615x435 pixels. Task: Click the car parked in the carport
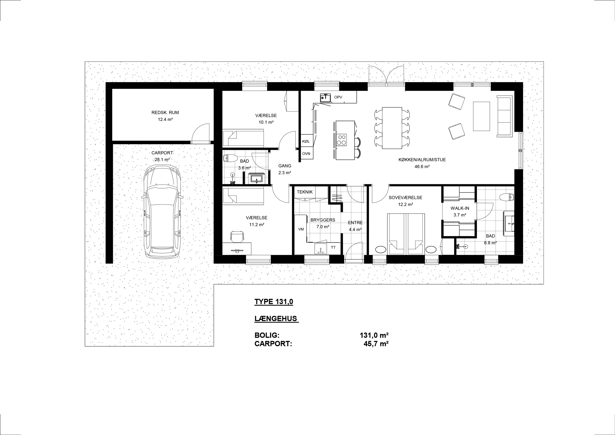click(162, 212)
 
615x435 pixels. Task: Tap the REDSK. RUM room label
click(165, 113)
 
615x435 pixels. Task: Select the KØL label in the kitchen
click(306, 141)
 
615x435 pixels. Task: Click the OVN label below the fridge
click(306, 153)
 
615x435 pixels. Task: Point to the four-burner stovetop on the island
click(342, 139)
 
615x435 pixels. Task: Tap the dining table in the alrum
click(392, 128)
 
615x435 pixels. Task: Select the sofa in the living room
click(505, 116)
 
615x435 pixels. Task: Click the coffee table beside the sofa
click(482, 116)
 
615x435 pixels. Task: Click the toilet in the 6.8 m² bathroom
click(506, 197)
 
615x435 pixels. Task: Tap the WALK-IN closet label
click(460, 208)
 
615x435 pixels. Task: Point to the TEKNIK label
click(305, 192)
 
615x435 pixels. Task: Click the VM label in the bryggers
click(301, 229)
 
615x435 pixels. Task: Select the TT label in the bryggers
click(333, 247)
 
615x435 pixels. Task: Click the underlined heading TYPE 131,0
click(274, 302)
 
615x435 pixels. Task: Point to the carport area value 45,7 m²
click(376, 344)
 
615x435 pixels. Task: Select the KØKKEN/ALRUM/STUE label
click(422, 160)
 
